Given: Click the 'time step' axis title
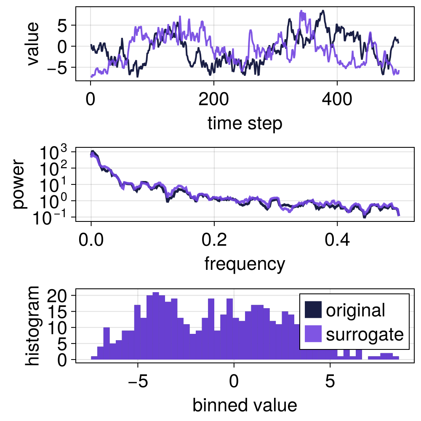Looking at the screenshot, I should [x=245, y=124].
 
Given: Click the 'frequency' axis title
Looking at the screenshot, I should [x=245, y=264].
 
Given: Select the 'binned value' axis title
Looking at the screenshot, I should [x=245, y=405].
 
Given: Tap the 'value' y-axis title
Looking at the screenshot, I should [x=32, y=44].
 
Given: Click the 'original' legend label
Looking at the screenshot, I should [x=355, y=310].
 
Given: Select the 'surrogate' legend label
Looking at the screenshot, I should [x=365, y=334].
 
